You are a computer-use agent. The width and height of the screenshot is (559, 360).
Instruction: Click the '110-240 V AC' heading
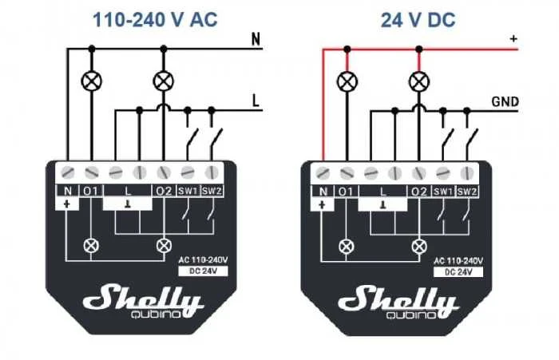[x=155, y=19]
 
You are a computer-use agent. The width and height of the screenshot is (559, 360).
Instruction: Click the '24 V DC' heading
[x=418, y=20]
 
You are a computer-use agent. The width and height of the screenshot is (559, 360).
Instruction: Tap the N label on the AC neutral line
[x=256, y=39]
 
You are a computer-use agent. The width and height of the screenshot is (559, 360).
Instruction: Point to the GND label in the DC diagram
[x=505, y=102]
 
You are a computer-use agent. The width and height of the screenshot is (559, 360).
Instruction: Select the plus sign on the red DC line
[x=513, y=38]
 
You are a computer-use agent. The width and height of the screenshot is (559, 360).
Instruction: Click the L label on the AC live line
[x=256, y=101]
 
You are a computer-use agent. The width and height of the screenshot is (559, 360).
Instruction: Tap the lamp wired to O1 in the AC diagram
[x=92, y=81]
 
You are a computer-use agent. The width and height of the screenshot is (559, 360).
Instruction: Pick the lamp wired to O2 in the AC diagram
[x=164, y=81]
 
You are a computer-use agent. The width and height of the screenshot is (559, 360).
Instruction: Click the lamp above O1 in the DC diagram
[x=347, y=81]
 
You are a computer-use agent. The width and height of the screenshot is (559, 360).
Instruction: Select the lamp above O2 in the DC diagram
[x=419, y=81]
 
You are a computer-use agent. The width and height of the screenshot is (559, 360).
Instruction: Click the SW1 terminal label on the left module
[x=188, y=191]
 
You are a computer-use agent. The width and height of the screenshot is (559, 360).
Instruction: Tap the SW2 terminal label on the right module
[x=466, y=192]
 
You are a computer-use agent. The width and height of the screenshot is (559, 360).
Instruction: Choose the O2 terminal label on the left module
[x=164, y=191]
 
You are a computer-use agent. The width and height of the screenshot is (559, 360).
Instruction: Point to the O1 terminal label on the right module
[x=345, y=192]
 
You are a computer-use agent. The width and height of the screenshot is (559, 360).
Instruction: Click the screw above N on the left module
[x=68, y=173]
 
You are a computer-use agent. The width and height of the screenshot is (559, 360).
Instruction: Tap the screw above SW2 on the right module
[x=466, y=173]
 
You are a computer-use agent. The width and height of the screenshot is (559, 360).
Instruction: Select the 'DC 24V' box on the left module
[x=203, y=271]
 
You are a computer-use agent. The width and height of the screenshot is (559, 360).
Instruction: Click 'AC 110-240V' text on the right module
[x=458, y=261]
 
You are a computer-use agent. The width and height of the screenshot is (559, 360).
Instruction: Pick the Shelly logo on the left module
[x=144, y=299]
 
